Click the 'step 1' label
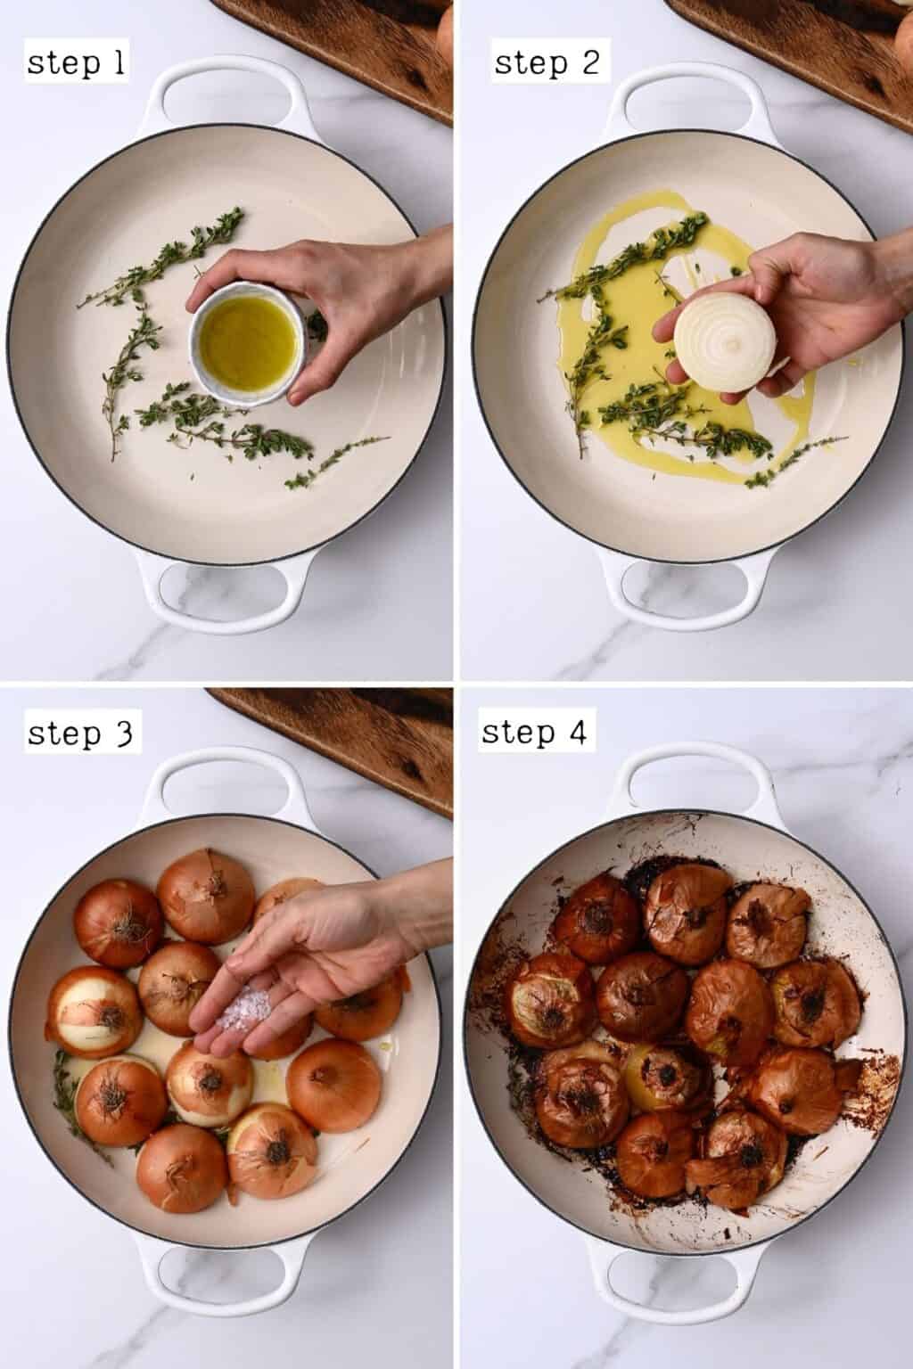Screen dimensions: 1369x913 pyautogui.click(x=76, y=63)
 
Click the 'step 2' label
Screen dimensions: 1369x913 pyautogui.click(x=547, y=63)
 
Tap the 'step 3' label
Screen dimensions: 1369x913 pyautogui.click(x=80, y=734)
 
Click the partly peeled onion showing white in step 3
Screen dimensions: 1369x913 pyautogui.click(x=89, y=1012)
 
